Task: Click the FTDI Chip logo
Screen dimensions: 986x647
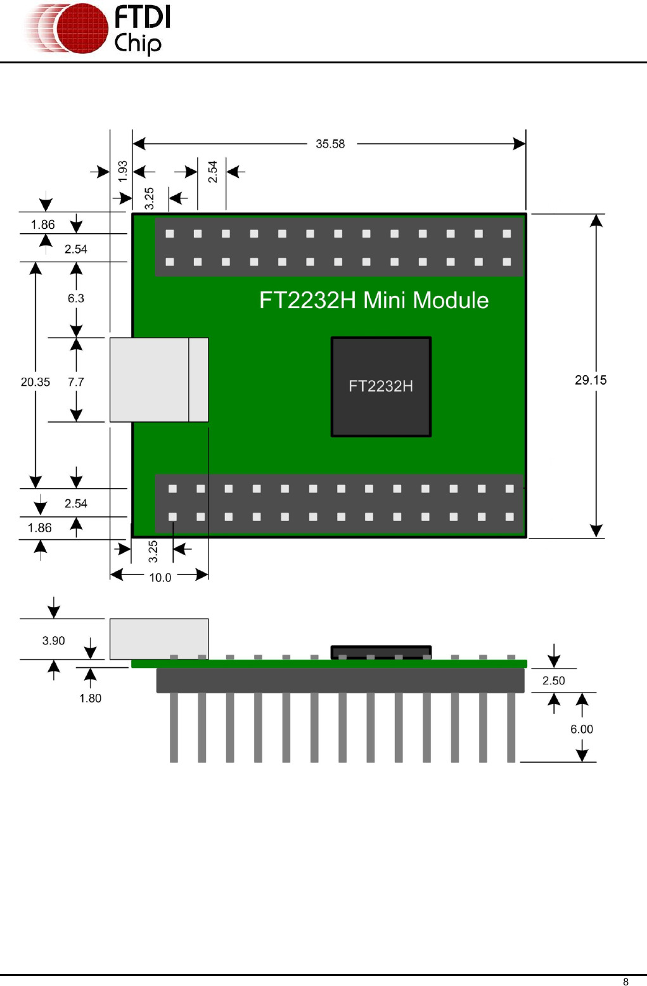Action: pyautogui.click(x=98, y=29)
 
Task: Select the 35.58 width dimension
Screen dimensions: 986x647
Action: pyautogui.click(x=330, y=144)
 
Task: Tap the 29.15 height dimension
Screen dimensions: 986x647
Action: pyautogui.click(x=590, y=380)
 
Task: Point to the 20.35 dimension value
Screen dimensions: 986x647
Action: pyautogui.click(x=35, y=382)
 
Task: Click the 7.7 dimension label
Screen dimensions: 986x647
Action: pyautogui.click(x=76, y=382)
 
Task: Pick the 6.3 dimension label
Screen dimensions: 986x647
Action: pyautogui.click(x=76, y=298)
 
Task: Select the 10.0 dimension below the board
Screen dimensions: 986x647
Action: pyautogui.click(x=160, y=577)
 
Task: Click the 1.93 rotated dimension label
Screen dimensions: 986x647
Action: pyautogui.click(x=123, y=171)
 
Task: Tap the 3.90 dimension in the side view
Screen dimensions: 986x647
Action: pyautogui.click(x=54, y=641)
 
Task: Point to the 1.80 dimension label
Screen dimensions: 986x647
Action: pyautogui.click(x=90, y=698)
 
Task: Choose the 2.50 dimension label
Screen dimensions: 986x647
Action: pyautogui.click(x=553, y=681)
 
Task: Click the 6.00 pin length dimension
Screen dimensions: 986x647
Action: pyautogui.click(x=581, y=729)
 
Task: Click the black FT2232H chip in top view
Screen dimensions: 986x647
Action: pyautogui.click(x=381, y=387)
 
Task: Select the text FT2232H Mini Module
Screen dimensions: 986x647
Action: pyautogui.click(x=374, y=300)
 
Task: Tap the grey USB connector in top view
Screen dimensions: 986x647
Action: pyautogui.click(x=158, y=380)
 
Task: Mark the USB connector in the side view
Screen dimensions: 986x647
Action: pyautogui.click(x=158, y=639)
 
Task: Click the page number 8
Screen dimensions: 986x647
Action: pyautogui.click(x=625, y=982)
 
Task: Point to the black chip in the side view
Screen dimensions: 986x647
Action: pyautogui.click(x=381, y=652)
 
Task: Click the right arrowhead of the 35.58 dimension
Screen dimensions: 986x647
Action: pyautogui.click(x=520, y=144)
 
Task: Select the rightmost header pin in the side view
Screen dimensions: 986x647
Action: pyautogui.click(x=511, y=727)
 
